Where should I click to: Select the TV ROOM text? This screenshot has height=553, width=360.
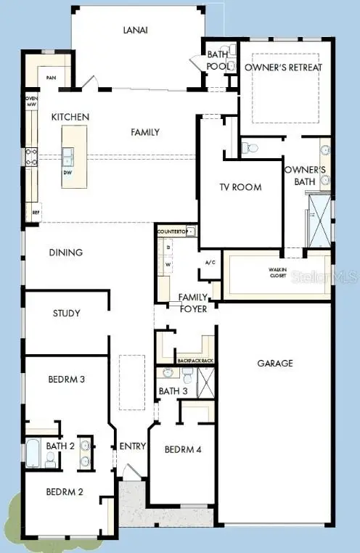pyautogui.click(x=240, y=187)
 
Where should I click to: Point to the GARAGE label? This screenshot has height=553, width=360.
pyautogui.click(x=274, y=363)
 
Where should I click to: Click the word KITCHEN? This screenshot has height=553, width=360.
pyautogui.click(x=70, y=117)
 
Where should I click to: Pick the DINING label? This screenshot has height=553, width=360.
pyautogui.click(x=65, y=253)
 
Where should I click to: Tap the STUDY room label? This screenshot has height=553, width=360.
pyautogui.click(x=66, y=314)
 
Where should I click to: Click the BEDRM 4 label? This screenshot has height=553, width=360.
pyautogui.click(x=183, y=449)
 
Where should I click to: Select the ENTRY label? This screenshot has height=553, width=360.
pyautogui.click(x=133, y=446)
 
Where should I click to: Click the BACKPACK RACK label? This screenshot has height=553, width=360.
pyautogui.click(x=195, y=361)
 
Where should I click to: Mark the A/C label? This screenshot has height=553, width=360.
pyautogui.click(x=210, y=262)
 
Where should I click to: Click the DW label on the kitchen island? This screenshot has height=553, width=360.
pyautogui.click(x=67, y=173)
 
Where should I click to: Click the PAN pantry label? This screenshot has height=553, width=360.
pyautogui.click(x=51, y=78)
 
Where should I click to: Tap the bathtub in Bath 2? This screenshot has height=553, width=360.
pyautogui.click(x=33, y=453)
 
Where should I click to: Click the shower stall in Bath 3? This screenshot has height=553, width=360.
pyautogui.click(x=206, y=382)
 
